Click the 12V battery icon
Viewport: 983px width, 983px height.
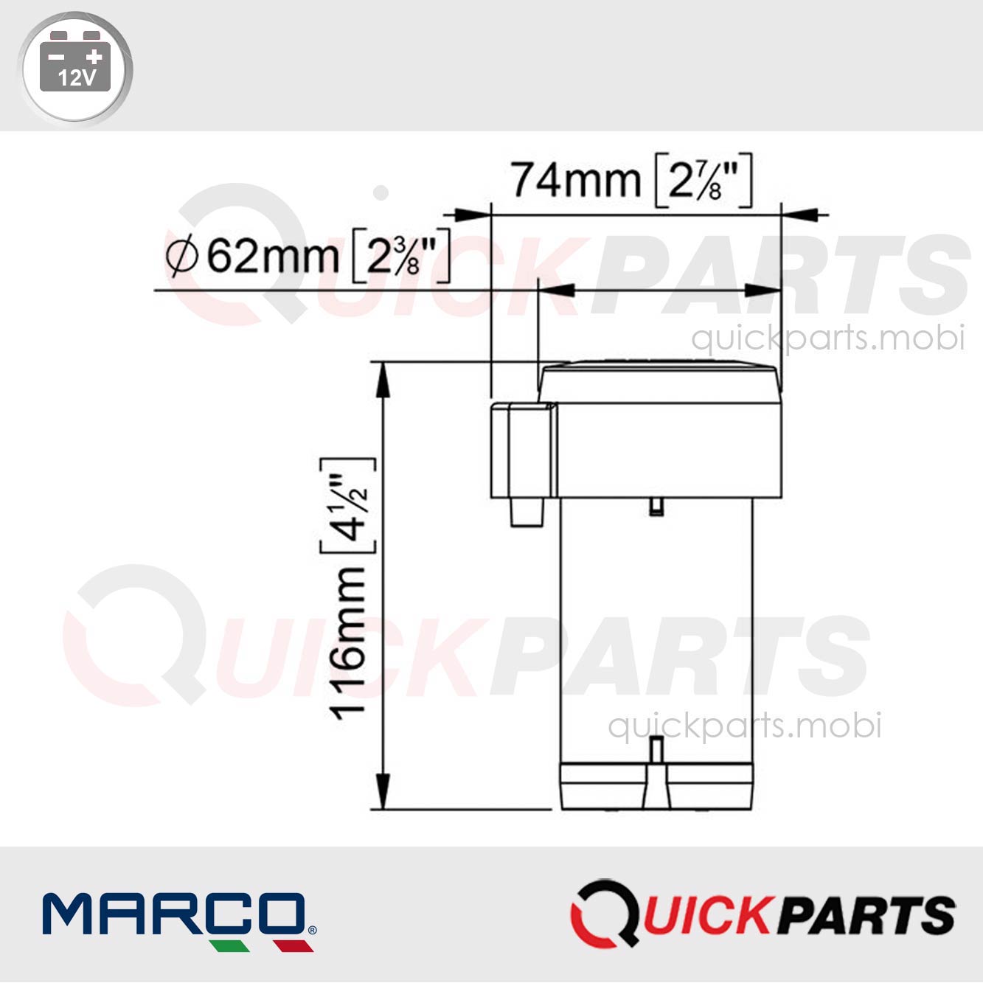coord(74,67)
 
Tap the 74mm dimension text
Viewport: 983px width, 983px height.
coord(576,180)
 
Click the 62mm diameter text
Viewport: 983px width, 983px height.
coord(272,256)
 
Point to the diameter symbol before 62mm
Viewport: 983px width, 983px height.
coord(181,257)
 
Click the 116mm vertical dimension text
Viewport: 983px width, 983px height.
coord(349,642)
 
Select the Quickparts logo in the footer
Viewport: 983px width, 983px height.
coord(763,914)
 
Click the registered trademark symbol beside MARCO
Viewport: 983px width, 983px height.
coord(312,930)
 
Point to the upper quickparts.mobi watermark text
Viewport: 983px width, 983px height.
coord(827,338)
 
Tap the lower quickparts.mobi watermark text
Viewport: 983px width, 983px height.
coord(744,726)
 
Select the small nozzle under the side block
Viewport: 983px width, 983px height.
coord(527,512)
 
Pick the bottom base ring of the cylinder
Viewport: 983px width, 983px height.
coord(656,786)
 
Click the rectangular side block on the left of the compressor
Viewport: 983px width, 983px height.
coord(522,449)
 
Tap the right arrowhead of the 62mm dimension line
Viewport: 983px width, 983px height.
coord(764,291)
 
